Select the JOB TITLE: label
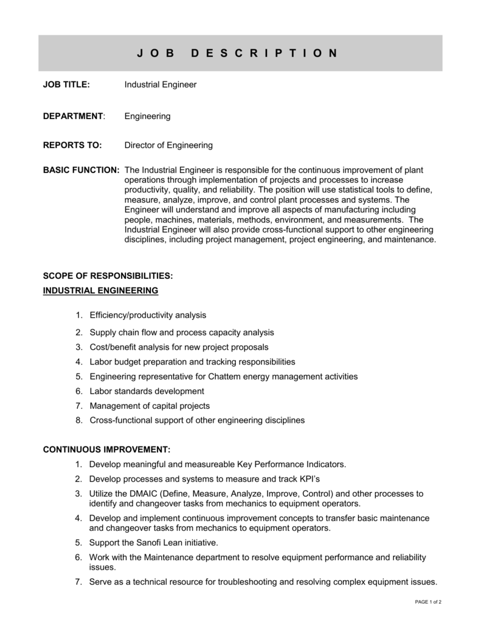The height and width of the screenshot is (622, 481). pos(66,85)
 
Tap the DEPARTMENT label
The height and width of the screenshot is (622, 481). pos(73,115)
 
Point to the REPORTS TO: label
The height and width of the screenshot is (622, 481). pos(71,145)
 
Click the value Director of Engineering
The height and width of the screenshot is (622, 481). pos(168,145)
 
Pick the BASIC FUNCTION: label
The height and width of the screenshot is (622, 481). pos(81,170)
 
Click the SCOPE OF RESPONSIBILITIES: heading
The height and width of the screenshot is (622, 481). pos(108,276)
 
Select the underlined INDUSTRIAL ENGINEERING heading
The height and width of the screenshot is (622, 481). pos(100,291)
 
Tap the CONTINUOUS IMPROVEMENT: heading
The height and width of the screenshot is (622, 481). pos(106,449)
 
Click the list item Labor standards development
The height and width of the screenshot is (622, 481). pos(147,391)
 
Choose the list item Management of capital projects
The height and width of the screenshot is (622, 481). pos(150,406)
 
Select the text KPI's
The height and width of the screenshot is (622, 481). pos(306,479)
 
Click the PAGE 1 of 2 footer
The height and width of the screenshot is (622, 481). pos(428,601)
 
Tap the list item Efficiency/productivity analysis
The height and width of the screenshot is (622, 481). pos(148,315)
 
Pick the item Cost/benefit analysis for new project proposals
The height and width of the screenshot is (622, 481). pos(179,347)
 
